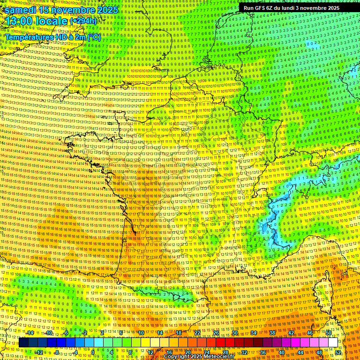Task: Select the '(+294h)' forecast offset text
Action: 83,21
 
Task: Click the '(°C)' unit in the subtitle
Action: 93,37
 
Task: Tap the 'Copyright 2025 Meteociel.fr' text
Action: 199,356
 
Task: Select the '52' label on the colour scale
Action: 338,352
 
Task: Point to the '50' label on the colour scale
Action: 329,333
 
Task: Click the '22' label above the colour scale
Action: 197,333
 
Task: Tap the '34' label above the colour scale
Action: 254,333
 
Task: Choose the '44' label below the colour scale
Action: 300,352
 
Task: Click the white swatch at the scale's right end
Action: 333,343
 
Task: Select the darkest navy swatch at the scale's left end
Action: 24,343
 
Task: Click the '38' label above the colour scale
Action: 272,333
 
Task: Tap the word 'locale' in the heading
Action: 53,21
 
